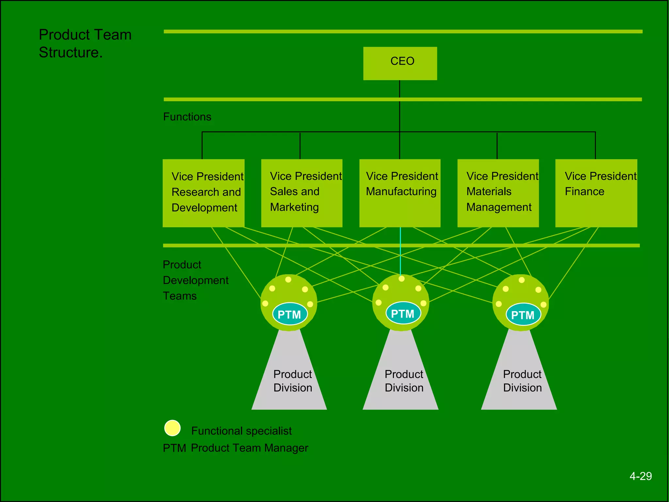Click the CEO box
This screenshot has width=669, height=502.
click(400, 63)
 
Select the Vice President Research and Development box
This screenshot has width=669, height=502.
click(204, 193)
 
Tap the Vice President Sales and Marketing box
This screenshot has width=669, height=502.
click(302, 193)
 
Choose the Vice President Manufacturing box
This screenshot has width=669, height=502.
click(400, 193)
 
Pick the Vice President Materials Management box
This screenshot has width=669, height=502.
click(498, 193)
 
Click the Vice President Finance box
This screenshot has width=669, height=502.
click(596, 193)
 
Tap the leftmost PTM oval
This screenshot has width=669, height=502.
click(290, 314)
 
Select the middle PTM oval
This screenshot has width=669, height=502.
click(403, 313)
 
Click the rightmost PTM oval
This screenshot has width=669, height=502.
click(523, 314)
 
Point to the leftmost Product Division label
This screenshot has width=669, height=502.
click(293, 381)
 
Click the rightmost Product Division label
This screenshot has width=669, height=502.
click(522, 381)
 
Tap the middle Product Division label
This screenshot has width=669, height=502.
click(404, 381)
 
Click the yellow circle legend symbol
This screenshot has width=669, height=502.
click(172, 428)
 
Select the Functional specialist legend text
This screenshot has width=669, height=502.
click(241, 431)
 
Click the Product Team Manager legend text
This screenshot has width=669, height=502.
click(249, 448)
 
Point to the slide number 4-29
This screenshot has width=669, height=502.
click(641, 476)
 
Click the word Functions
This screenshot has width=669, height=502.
click(187, 117)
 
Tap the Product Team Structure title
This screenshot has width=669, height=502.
click(85, 43)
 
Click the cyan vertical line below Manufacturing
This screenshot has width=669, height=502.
click(400, 252)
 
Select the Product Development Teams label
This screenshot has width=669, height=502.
click(195, 280)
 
